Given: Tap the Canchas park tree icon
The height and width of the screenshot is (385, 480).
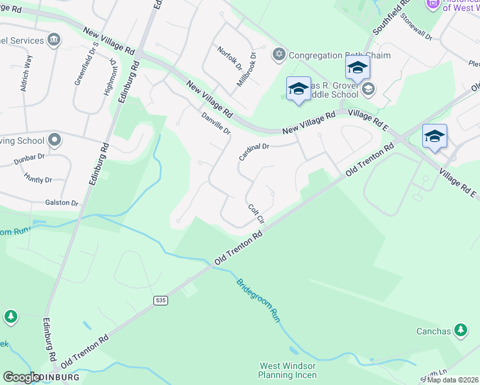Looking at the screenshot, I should click(x=460, y=330).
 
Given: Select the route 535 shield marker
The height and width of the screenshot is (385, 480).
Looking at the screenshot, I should click(x=161, y=300).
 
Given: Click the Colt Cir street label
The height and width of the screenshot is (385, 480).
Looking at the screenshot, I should click(x=256, y=214).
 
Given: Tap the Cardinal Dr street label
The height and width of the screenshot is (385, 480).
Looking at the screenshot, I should click(x=253, y=151).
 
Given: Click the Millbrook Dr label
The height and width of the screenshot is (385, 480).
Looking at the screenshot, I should click(x=246, y=70).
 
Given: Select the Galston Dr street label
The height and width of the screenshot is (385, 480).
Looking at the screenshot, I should click(x=62, y=203).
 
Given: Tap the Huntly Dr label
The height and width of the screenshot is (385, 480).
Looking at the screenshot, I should click(x=37, y=180).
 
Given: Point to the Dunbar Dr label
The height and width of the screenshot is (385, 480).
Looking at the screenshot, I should click(x=30, y=156).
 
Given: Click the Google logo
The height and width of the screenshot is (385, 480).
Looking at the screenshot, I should click(x=21, y=377).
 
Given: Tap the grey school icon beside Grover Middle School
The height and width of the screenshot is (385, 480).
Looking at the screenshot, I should click(x=368, y=89).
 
